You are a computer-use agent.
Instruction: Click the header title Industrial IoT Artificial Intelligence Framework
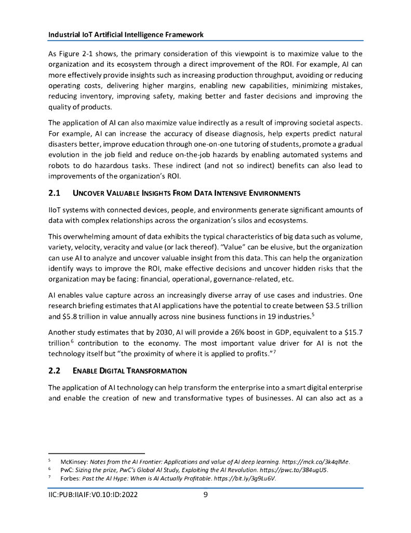click(125, 34)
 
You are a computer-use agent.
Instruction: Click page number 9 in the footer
click(205, 495)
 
